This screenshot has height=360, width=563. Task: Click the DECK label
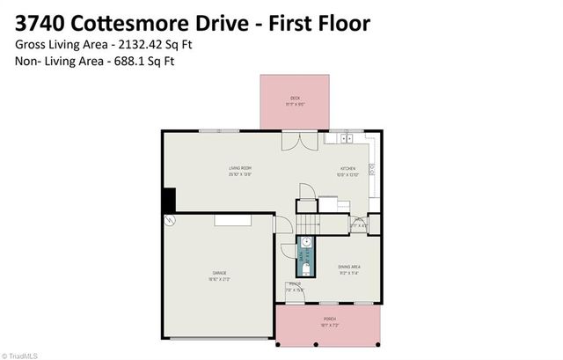[296, 98]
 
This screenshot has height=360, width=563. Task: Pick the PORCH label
[330, 319]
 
